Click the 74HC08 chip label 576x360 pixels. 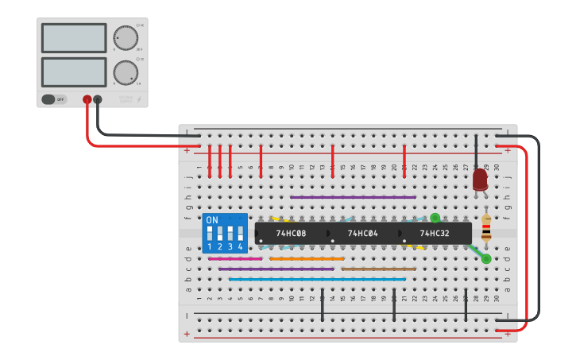coord(291,234)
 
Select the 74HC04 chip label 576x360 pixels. coord(363,234)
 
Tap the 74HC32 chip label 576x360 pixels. coord(435,234)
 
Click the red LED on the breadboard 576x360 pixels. coord(480,179)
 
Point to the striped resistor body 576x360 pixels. coord(486,227)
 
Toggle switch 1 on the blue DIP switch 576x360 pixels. coord(210,234)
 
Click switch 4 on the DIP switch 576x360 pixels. coord(239,234)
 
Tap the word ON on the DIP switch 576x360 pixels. coord(211,220)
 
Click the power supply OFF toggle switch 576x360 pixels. coord(49,99)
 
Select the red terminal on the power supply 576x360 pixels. coord(87,100)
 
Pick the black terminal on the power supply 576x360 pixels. coord(98,100)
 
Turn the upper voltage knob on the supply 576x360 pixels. coord(124,37)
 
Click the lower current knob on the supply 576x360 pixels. coord(124,72)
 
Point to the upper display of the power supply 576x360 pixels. coord(73,38)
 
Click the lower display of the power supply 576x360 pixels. coord(73,72)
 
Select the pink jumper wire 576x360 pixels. coord(234,258)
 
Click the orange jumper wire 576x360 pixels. coord(307,258)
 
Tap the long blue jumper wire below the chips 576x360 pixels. coord(317,280)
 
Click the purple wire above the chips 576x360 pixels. coord(353,197)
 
